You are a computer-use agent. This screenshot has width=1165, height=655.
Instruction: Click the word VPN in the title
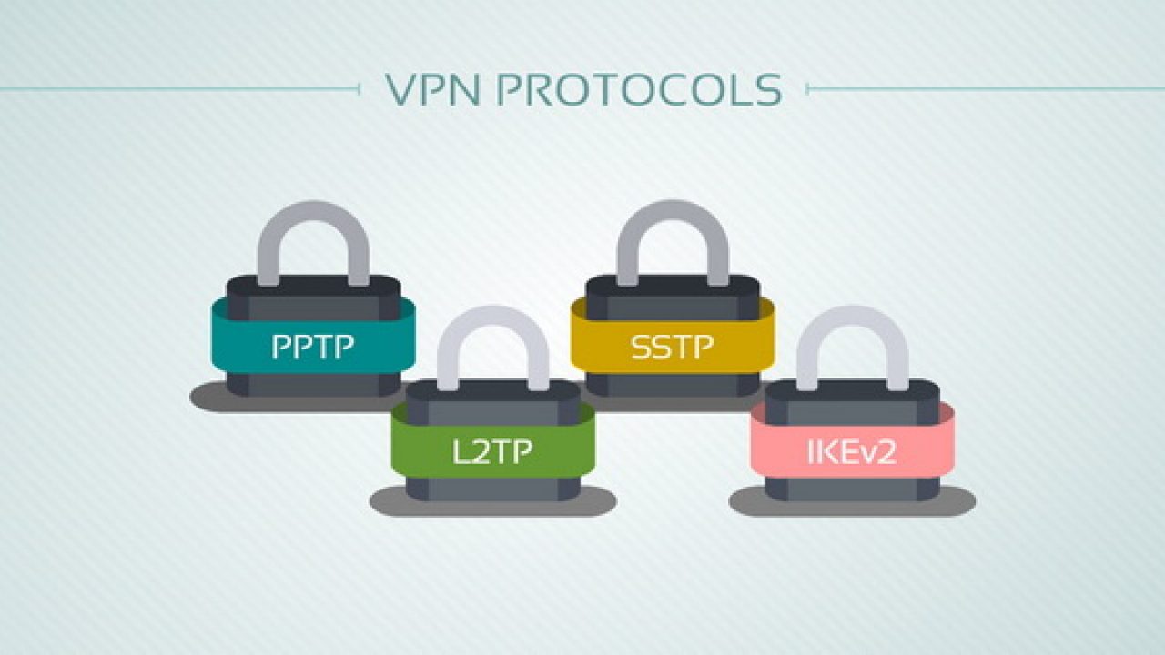pyautogui.click(x=432, y=89)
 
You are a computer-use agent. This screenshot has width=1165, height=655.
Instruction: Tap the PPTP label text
pyautogui.click(x=312, y=347)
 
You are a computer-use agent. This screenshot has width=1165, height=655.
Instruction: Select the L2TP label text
pyautogui.click(x=492, y=451)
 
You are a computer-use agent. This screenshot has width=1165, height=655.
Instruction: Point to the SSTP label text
pyautogui.click(x=672, y=347)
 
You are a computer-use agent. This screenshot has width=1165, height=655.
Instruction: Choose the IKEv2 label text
pyautogui.click(x=852, y=451)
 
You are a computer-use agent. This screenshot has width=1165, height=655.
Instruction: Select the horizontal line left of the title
pyautogui.click(x=179, y=89)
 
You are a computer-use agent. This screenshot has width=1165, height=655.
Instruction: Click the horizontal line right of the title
pyautogui.click(x=986, y=89)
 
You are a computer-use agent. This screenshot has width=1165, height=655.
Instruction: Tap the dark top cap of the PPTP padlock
pyautogui.click(x=314, y=287)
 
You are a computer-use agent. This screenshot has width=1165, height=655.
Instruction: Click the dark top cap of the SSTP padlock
pyautogui.click(x=673, y=287)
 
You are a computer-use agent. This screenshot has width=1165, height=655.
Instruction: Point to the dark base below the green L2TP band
pyautogui.click(x=493, y=489)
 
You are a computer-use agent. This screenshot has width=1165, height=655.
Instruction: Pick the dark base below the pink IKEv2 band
pyautogui.click(x=853, y=489)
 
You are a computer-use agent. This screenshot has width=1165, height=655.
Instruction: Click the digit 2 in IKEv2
pyautogui.click(x=886, y=452)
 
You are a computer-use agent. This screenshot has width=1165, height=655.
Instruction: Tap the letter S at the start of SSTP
pyautogui.click(x=641, y=348)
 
